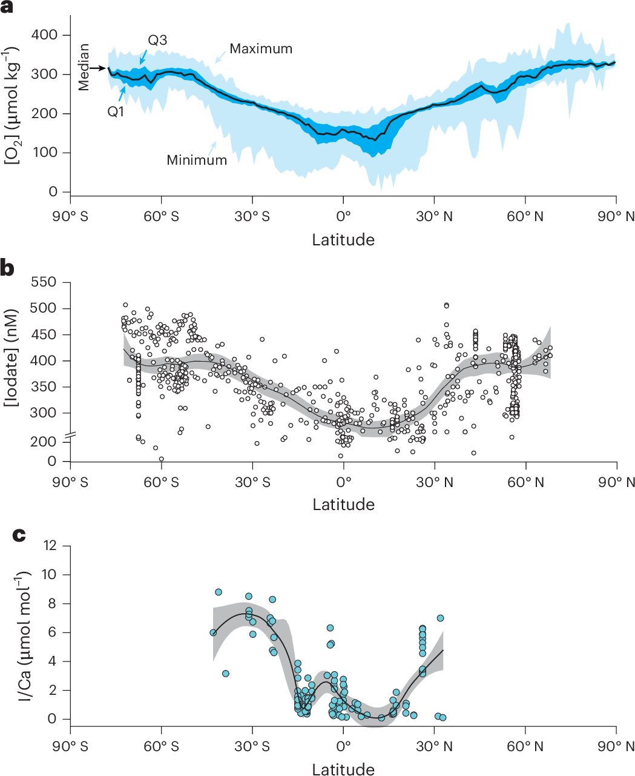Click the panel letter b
(x=8, y=268)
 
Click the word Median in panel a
(x=84, y=68)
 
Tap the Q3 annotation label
(x=157, y=41)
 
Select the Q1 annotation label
(x=116, y=111)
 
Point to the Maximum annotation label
(x=261, y=49)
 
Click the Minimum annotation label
(x=197, y=161)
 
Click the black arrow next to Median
(x=97, y=68)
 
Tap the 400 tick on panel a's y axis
(x=45, y=35)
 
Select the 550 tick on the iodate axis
(x=43, y=282)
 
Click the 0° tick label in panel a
(x=343, y=217)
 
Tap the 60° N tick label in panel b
(x=525, y=483)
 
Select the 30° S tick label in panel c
(x=252, y=746)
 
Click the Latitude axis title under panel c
(x=343, y=769)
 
